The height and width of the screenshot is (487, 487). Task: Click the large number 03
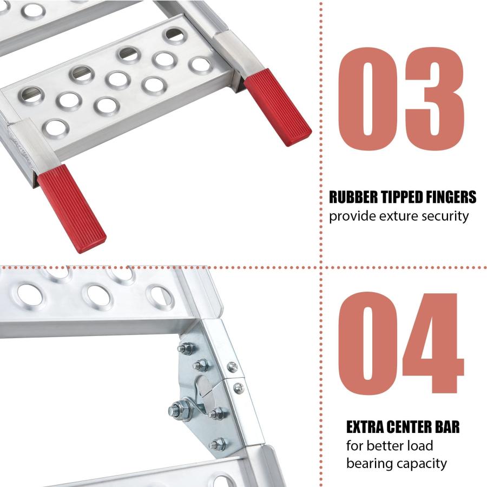401,99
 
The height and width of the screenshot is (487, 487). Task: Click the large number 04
401,343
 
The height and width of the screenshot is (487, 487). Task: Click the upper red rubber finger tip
277,107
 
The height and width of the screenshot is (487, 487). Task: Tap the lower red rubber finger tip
72,209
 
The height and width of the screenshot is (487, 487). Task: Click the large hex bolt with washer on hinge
177,410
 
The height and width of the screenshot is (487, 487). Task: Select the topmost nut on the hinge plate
186,348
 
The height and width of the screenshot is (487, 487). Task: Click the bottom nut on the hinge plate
218,444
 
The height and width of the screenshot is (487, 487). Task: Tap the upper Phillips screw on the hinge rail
233,367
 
